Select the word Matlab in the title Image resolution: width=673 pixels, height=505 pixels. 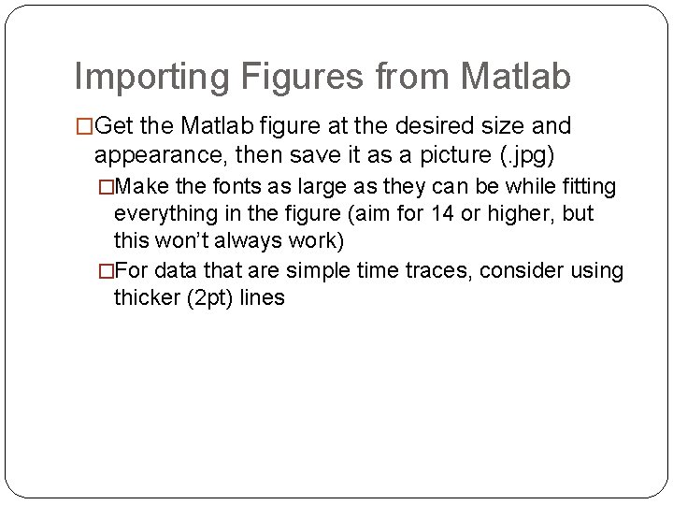coord(513,77)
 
